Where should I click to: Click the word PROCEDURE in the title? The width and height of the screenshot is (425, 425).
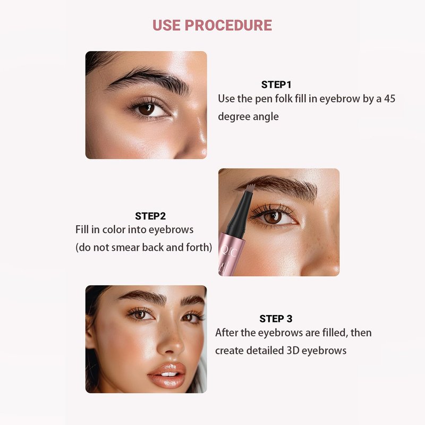(x=228, y=25)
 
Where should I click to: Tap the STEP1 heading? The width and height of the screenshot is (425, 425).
(x=276, y=85)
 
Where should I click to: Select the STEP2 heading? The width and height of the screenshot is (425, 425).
(x=150, y=216)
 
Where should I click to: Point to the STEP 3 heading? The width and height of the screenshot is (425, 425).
(x=276, y=319)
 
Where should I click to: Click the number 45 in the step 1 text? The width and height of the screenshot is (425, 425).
(x=389, y=99)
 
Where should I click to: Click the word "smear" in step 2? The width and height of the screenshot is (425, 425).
(x=126, y=248)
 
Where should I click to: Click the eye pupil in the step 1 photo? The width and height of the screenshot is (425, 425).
(x=147, y=109)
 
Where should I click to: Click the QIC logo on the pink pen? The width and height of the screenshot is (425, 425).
(x=229, y=252)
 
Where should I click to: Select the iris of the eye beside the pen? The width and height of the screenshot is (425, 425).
(x=272, y=217)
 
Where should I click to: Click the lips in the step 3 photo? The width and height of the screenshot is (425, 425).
(x=167, y=376)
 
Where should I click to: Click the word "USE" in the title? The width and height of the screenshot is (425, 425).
(x=167, y=25)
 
